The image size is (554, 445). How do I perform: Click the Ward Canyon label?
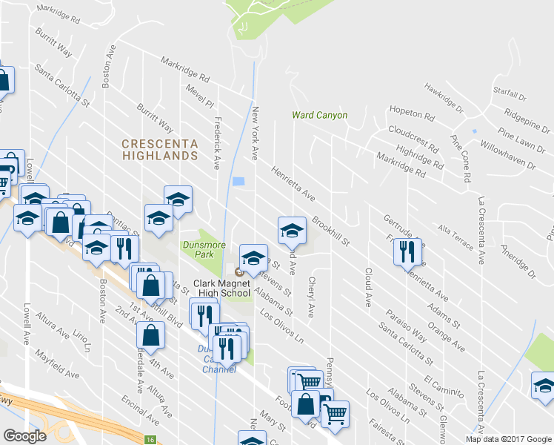[x=319, y=115]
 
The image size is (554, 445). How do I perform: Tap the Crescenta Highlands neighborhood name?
[x=160, y=149]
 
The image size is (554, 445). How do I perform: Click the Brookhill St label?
[x=330, y=231]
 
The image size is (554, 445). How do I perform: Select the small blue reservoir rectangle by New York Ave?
[x=238, y=181]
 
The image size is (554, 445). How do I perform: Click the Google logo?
[x=24, y=436]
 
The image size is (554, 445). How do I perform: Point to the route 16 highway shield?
[x=150, y=440]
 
